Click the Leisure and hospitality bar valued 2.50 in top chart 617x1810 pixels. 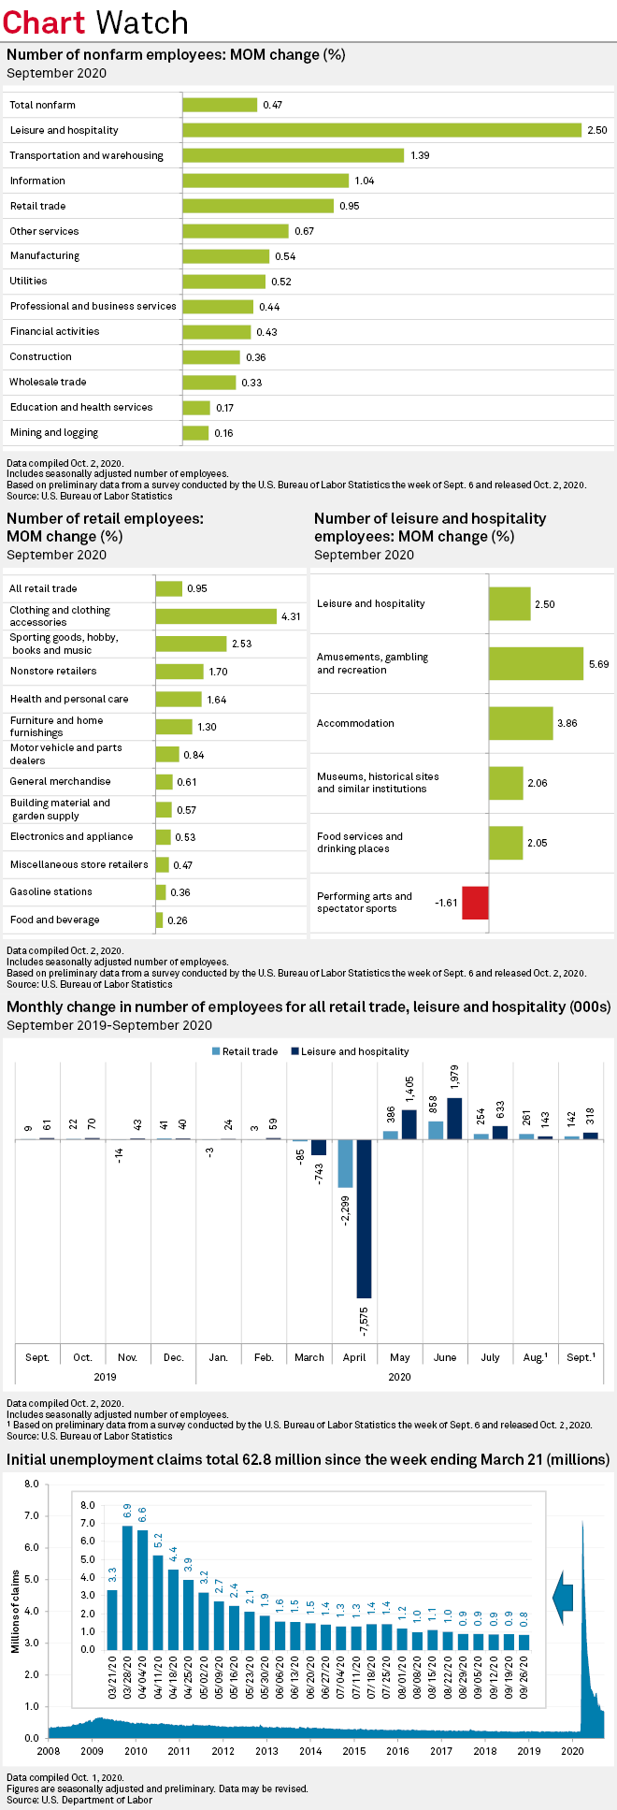coord(381,130)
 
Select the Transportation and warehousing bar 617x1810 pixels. coord(293,155)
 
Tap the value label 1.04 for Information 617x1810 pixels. coord(364,181)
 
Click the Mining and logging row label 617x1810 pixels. coord(54,433)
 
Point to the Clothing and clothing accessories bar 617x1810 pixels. coord(215,616)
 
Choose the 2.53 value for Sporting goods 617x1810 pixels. coord(242,644)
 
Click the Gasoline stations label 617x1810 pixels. coord(50,892)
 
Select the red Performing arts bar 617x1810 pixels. coord(475,903)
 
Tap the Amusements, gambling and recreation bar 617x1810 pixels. coord(536,663)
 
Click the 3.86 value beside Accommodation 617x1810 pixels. coord(567,724)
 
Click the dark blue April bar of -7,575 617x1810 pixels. coord(364,1218)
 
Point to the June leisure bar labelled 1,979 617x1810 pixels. coord(454,1119)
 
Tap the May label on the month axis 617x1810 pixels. coord(400,1357)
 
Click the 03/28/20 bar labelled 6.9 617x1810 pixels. coord(127,1587)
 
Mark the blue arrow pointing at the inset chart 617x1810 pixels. coord(563,1598)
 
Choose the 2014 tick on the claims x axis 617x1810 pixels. coord(310,1751)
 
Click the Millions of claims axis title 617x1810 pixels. coord(15,1612)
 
